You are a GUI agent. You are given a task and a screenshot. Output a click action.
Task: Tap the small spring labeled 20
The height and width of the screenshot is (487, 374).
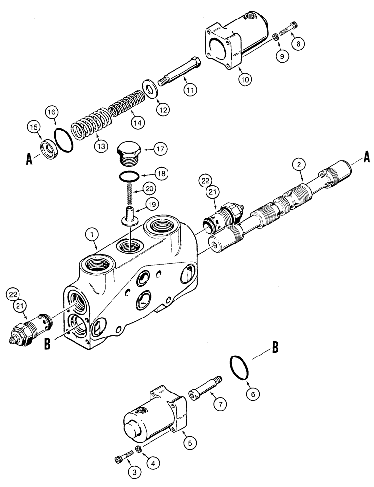(128, 191)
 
